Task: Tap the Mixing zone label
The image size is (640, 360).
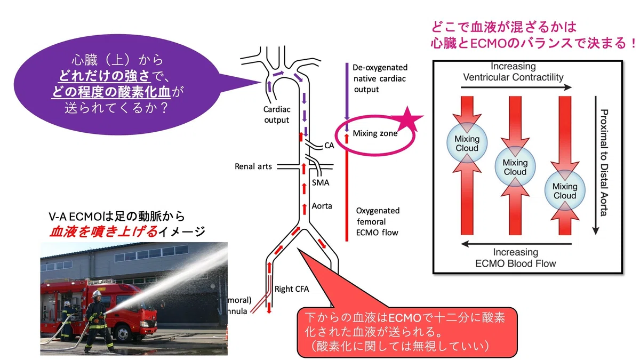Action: coord(375,133)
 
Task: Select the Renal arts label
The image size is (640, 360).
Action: coord(253,166)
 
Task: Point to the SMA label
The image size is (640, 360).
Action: coord(321,182)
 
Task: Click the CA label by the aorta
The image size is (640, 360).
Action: coord(329,146)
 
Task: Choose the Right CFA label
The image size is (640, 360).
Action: coord(292,289)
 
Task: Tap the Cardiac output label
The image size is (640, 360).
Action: coord(277,115)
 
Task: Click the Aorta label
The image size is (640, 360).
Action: coord(322,206)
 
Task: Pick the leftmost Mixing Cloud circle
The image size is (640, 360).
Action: coord(467,143)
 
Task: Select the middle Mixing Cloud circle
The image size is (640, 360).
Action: coord(515,166)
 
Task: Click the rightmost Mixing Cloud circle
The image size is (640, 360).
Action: coord(565,190)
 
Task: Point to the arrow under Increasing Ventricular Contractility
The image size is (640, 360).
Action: coord(516,87)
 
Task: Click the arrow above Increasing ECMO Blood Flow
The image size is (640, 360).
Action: coord(516,244)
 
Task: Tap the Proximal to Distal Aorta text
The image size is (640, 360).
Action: coord(603,163)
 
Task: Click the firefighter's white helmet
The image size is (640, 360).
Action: coord(97,294)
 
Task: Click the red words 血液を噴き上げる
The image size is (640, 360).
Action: coord(103,231)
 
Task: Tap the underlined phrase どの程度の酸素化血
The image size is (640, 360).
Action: coord(111,92)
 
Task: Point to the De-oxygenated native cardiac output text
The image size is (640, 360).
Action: coord(380,78)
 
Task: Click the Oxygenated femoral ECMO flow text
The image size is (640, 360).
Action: coord(378,222)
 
